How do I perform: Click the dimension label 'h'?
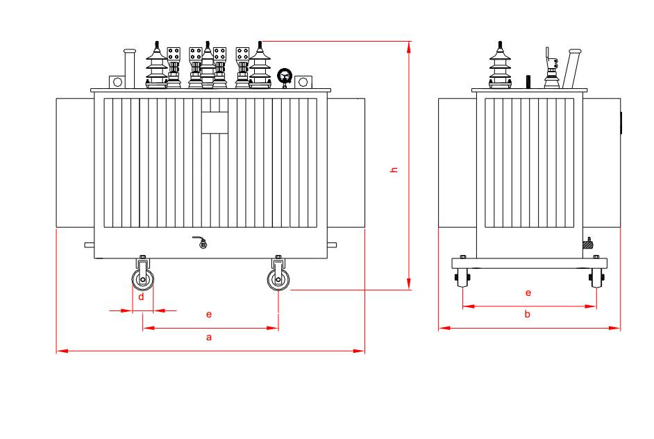tap(394, 169)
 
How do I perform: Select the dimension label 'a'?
tap(209, 337)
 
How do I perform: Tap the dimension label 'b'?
tap(527, 314)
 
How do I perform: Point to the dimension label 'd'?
tap(142, 297)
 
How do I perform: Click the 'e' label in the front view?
tap(209, 314)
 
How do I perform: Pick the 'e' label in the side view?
tap(528, 292)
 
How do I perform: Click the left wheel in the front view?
tap(142, 280)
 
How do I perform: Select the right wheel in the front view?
tap(278, 280)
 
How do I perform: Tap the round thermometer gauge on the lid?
tap(285, 76)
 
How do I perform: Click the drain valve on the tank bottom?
tap(201, 242)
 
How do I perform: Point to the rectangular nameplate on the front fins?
tap(215, 123)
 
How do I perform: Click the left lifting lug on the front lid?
tap(117, 82)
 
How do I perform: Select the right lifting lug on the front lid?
tap(303, 82)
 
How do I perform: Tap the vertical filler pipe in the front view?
tap(130, 69)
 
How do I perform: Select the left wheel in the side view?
tap(462, 278)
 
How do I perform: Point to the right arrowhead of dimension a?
tap(359, 351)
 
